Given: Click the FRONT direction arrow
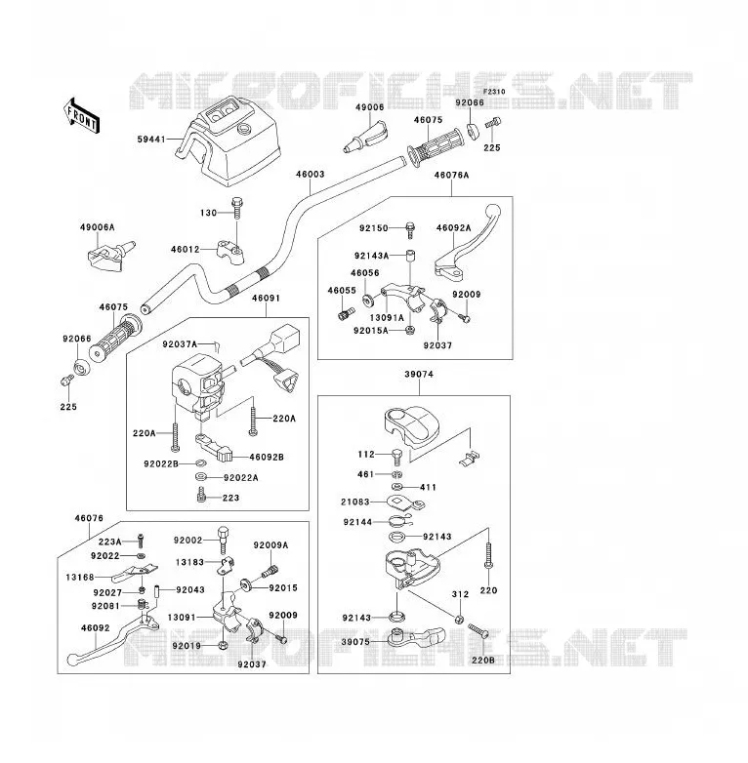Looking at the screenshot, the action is (x=82, y=116).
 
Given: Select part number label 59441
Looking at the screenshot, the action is (x=151, y=140).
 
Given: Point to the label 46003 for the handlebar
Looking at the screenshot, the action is (x=311, y=175).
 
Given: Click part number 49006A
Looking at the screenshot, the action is (x=98, y=227).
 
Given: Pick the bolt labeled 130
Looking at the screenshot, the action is (x=237, y=209).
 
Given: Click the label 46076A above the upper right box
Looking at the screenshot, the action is (x=451, y=176).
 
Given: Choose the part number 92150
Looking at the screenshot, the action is (x=374, y=228).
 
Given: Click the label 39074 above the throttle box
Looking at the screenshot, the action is (x=419, y=375).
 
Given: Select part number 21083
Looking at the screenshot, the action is (x=355, y=502).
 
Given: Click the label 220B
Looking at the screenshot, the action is (x=483, y=661).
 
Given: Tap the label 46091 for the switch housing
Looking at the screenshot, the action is (x=266, y=298).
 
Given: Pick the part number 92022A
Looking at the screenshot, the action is (x=241, y=478).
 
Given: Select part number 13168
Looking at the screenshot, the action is (x=80, y=578).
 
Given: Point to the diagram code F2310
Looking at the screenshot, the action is (x=494, y=92).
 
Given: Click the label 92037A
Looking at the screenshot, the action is (x=180, y=344).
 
